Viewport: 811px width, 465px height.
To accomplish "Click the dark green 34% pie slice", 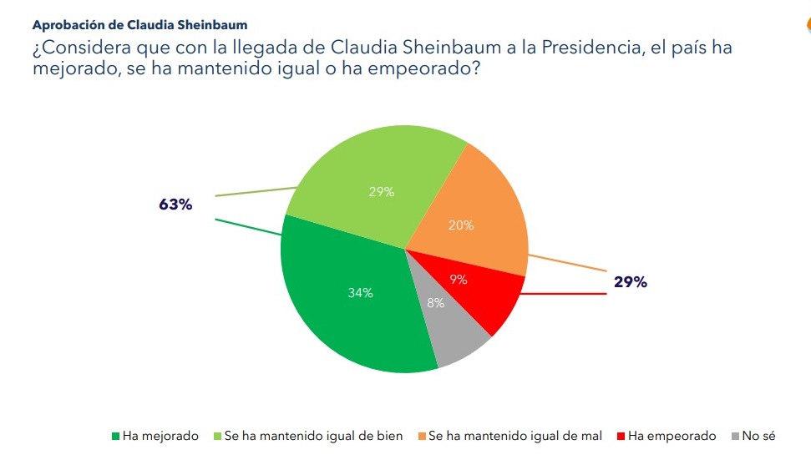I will pyautogui.click(x=351, y=301).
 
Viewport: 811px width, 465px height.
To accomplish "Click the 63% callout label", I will pyautogui.click(x=175, y=205).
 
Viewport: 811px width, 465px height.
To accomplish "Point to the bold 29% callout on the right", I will pyautogui.click(x=631, y=282).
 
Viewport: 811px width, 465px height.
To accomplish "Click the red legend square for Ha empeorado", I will pyautogui.click(x=621, y=437).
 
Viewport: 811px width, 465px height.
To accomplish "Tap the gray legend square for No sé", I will pyautogui.click(x=735, y=437).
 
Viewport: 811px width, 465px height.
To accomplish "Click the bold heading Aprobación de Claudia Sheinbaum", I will pyautogui.click(x=139, y=26).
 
